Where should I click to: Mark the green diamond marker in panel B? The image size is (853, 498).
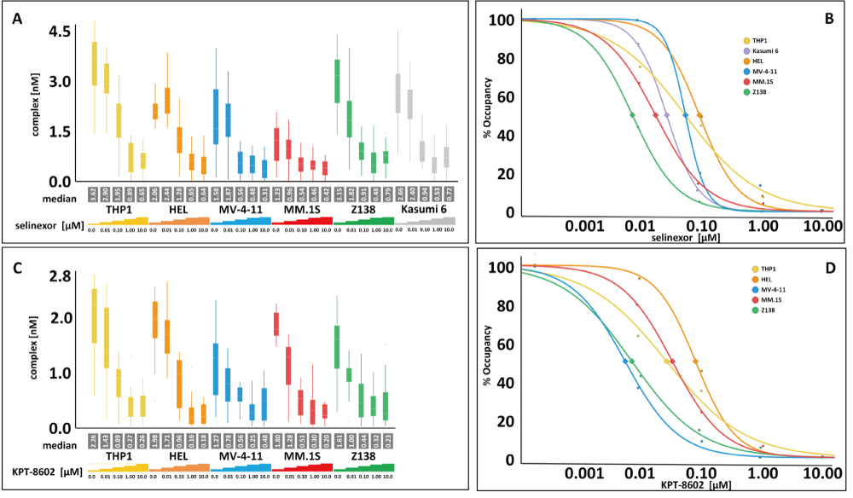pos(632,115)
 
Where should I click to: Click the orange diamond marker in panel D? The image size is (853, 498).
pos(696,362)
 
